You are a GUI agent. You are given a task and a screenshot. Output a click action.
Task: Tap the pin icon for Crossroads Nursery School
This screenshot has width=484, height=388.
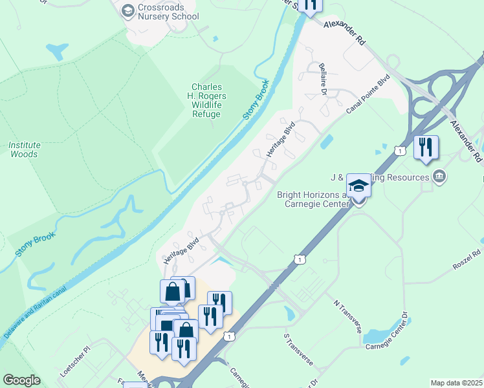coord(127,10)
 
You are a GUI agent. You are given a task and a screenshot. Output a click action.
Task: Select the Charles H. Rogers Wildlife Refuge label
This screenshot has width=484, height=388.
coord(206,101)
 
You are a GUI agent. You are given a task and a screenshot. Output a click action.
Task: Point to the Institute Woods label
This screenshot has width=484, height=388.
coord(24,149)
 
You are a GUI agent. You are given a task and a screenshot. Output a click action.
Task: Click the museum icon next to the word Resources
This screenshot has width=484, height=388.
coord(439,177)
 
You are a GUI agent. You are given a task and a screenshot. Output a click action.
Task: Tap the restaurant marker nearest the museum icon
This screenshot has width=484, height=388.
coord(426,147)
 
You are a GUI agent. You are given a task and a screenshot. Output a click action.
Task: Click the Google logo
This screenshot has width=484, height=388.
coord(22,380)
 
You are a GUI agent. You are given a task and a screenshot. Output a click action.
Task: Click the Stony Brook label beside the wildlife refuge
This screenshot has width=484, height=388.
coord(256,102)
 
